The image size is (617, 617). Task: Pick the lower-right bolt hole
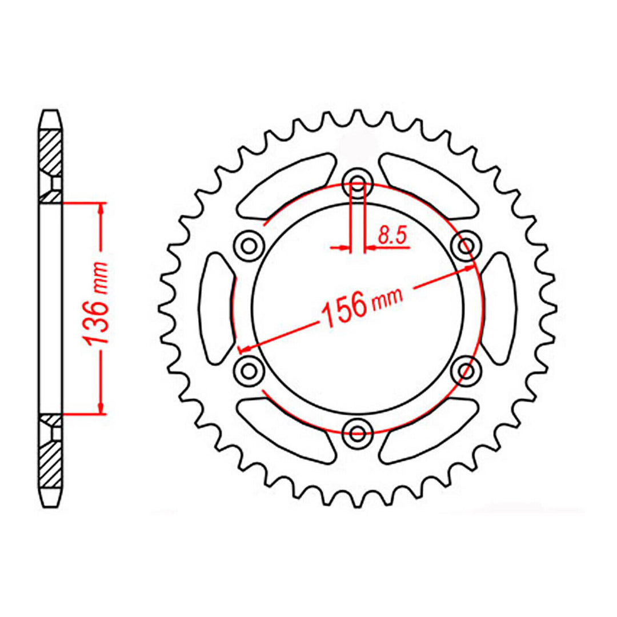point(465,370)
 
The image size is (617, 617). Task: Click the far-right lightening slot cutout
point(499,307)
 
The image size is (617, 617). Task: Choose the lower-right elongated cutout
point(430,428)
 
